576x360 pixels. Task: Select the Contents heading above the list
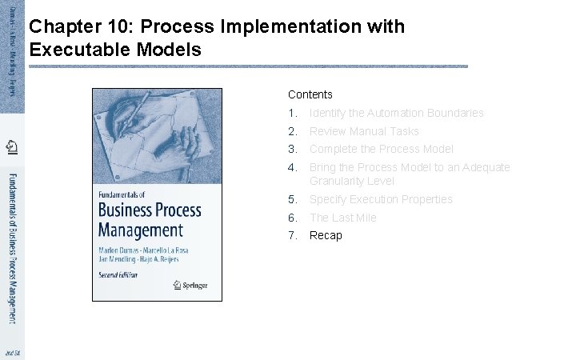[x=310, y=94]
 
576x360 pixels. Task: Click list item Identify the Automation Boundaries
[x=396, y=113]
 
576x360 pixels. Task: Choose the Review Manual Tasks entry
[x=364, y=131]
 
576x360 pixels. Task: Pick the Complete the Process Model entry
[x=381, y=149]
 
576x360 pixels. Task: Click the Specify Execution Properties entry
[x=381, y=199]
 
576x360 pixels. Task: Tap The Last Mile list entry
[x=342, y=218]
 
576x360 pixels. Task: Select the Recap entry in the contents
[x=326, y=235]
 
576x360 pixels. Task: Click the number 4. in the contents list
[x=293, y=167]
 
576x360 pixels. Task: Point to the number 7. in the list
[x=293, y=235]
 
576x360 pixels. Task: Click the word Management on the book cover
[x=140, y=230]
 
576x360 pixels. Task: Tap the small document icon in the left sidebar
[x=12, y=146]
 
